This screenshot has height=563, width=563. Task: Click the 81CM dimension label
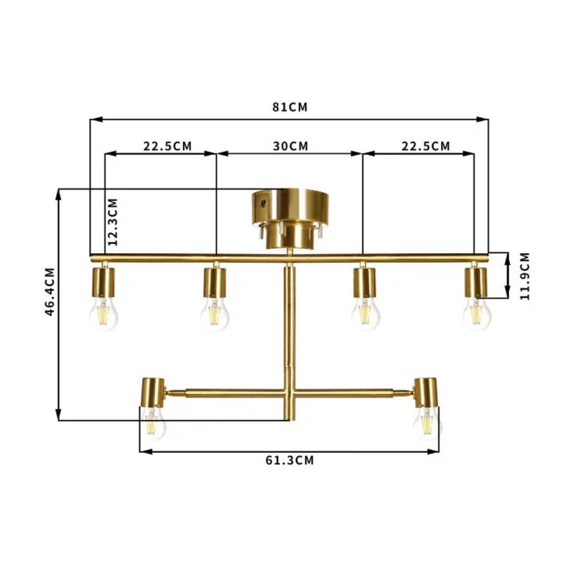point(290,107)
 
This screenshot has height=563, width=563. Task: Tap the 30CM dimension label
point(290,146)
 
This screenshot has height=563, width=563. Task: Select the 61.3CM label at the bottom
point(290,460)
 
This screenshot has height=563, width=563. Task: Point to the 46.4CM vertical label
point(50,291)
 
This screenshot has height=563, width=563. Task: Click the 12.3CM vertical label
point(113,222)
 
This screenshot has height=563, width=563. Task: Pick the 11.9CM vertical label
point(524,276)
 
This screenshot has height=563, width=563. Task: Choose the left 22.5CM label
point(168,146)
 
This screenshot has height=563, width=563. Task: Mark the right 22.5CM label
point(425,146)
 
